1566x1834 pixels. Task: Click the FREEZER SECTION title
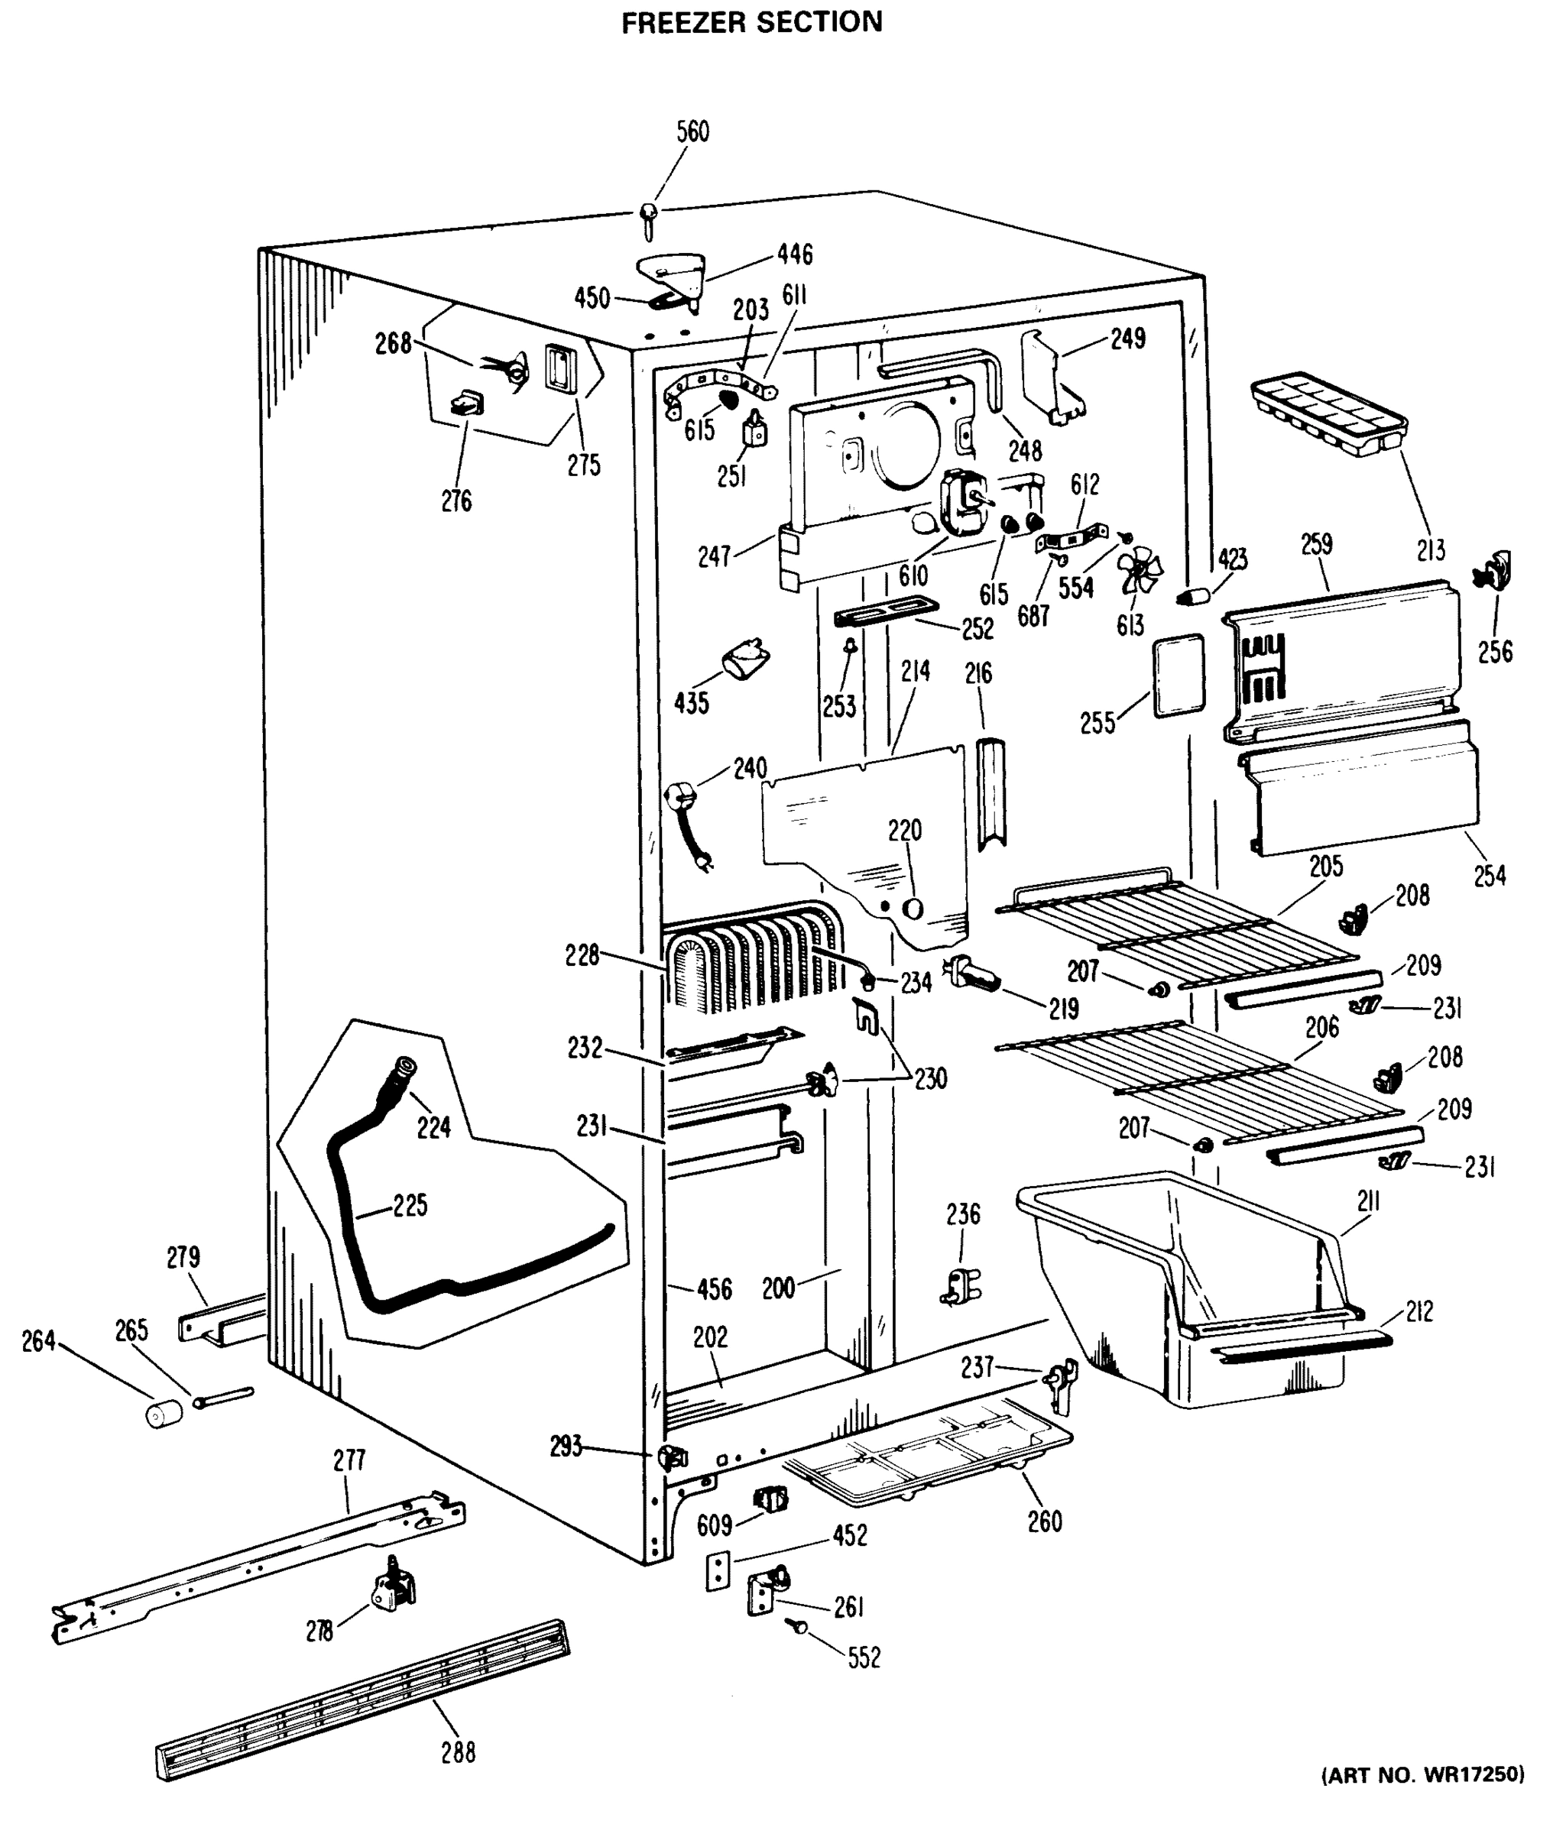tap(751, 22)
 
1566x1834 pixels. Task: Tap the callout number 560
tap(692, 132)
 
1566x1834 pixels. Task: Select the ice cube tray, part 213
tap(1328, 413)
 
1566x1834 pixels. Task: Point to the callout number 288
tap(458, 1751)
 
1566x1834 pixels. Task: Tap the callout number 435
tap(692, 704)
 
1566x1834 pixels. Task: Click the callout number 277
tap(349, 1460)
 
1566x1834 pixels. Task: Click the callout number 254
tap(1490, 876)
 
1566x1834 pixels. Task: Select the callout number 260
tap(1045, 1521)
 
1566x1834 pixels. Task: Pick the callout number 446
tap(794, 255)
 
